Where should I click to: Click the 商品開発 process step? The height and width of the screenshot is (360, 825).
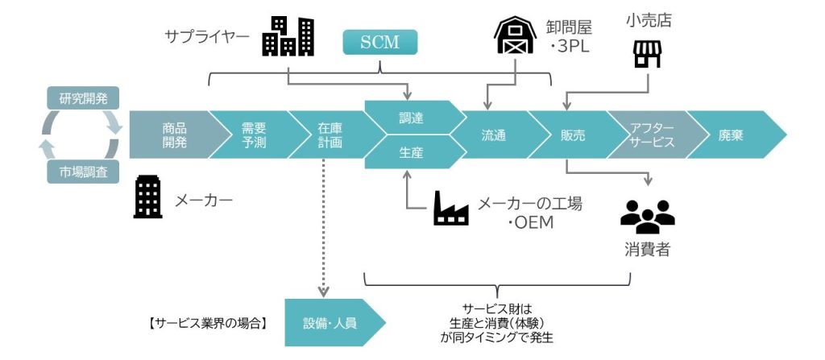click(172, 134)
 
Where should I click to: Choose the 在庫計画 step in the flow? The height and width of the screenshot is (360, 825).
click(329, 134)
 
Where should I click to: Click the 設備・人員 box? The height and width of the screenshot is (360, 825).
click(330, 323)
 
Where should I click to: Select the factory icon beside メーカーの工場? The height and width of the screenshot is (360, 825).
click(451, 208)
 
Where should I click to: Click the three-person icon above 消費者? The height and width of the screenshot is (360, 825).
click(647, 214)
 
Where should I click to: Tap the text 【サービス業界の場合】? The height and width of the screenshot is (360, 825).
click(208, 324)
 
